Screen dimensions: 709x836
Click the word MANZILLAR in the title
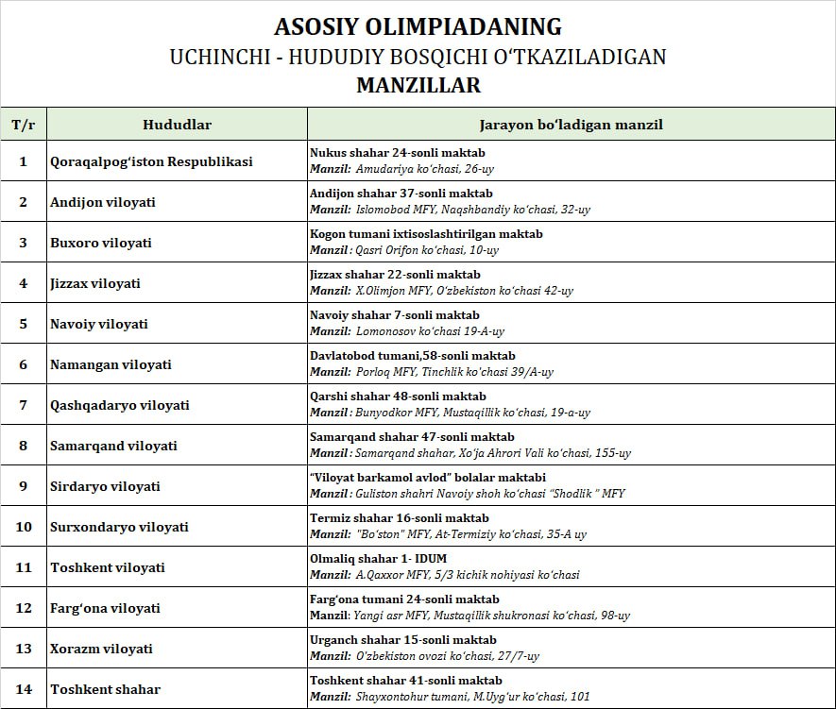click(x=418, y=85)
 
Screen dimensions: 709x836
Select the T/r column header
click(x=24, y=125)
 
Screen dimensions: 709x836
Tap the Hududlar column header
click(x=177, y=125)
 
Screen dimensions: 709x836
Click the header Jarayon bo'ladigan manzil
click(x=571, y=125)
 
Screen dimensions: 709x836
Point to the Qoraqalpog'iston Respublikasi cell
click(x=151, y=161)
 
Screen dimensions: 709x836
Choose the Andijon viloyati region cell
click(x=103, y=202)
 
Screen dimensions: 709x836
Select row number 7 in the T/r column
click(x=24, y=405)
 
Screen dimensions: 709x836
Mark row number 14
click(x=24, y=689)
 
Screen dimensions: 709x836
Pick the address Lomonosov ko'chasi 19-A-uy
click(x=430, y=331)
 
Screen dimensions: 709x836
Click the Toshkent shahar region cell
click(x=105, y=689)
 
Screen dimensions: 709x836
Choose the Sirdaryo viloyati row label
click(x=105, y=486)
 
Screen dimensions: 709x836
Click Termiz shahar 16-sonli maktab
click(x=400, y=518)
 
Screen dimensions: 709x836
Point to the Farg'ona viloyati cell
click(x=105, y=608)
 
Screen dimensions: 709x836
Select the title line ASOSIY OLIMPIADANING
click(x=418, y=26)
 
